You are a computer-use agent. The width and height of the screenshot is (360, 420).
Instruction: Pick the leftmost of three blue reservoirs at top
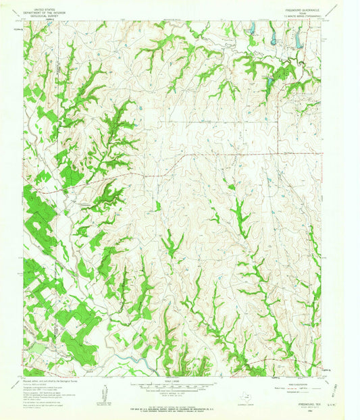(x=251, y=28)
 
